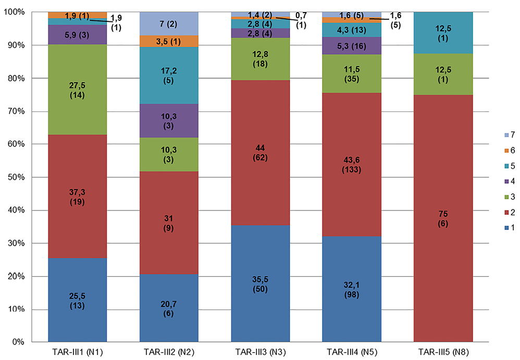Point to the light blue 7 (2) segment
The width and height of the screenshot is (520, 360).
point(169,23)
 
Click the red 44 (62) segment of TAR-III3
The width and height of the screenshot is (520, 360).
point(261,172)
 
